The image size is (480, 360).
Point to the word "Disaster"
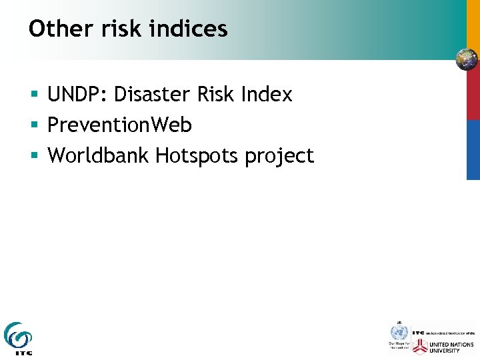point(153,95)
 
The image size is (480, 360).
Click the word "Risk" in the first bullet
point(217,95)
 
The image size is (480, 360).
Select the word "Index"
point(267,95)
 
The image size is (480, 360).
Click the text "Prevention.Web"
point(119,125)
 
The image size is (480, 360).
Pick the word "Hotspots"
point(197,156)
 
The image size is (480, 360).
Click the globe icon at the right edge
point(467,59)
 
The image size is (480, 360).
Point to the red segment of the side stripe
point(473,97)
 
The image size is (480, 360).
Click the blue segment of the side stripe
point(473,150)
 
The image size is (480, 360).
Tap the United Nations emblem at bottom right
point(398,332)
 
